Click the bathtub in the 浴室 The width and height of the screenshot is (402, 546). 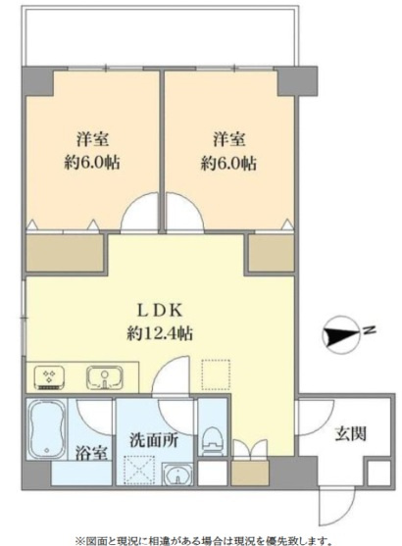point(47,429)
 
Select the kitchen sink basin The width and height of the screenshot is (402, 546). point(105,378)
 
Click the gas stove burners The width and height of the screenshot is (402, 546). point(49,377)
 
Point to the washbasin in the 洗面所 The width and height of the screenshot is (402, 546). point(177,473)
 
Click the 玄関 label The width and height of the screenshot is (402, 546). point(350,434)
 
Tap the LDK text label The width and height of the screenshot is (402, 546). point(159,311)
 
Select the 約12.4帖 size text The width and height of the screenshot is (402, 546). point(159,334)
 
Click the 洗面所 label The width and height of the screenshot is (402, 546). point(154,441)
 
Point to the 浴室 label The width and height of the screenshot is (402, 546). point(91,453)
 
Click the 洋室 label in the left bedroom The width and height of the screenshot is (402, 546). point(92,139)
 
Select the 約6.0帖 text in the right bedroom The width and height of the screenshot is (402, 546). point(228,163)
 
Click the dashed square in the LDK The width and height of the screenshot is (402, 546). point(216,374)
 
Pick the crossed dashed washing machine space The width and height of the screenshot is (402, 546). point(139,471)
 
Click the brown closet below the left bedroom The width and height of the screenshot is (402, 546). point(65,253)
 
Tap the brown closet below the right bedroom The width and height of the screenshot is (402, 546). point(272,253)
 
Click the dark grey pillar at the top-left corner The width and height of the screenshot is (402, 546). point(37,81)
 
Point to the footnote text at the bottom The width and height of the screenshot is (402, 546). point(202,541)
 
